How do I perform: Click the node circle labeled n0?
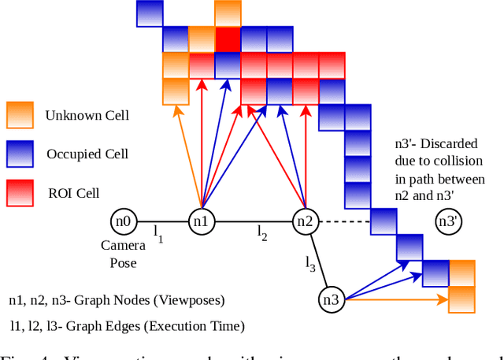coord(122,221)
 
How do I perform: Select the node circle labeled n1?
coord(202,221)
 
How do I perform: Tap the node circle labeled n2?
coord(305,221)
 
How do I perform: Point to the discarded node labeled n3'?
coord(449,221)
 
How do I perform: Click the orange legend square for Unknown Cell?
coord(19,114)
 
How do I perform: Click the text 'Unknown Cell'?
coord(87,115)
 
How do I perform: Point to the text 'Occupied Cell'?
coord(87,153)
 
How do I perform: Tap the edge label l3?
coord(311,265)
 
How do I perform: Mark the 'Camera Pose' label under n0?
coord(123,254)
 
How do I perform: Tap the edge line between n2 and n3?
coord(319,260)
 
